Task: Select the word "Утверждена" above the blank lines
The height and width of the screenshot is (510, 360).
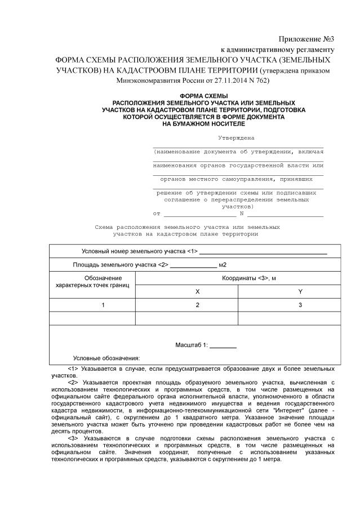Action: pos(236,138)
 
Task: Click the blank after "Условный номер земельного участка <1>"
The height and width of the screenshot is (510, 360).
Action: pos(263,252)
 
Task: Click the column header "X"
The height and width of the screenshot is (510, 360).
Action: pos(197,291)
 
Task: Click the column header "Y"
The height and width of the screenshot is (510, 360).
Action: pos(300,291)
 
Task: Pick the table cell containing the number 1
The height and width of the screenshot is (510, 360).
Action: pos(103,305)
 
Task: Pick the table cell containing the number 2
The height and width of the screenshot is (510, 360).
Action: pos(197,305)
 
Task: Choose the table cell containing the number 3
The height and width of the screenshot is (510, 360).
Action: pos(300,305)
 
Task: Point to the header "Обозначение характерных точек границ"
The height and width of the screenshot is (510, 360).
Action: pos(92,282)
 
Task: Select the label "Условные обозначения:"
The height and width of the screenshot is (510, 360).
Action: pos(106,358)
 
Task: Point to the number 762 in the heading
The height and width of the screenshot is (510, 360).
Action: pos(259,81)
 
